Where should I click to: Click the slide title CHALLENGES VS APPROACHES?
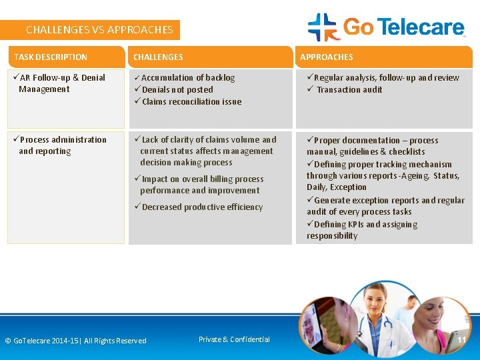(99, 30)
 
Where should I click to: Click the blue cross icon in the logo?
(323, 27)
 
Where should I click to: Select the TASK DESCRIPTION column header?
(51, 57)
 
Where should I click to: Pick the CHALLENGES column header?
(158, 57)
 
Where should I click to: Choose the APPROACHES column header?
(327, 57)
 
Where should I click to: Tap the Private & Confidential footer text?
(234, 339)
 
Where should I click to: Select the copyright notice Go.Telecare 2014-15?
(75, 341)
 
